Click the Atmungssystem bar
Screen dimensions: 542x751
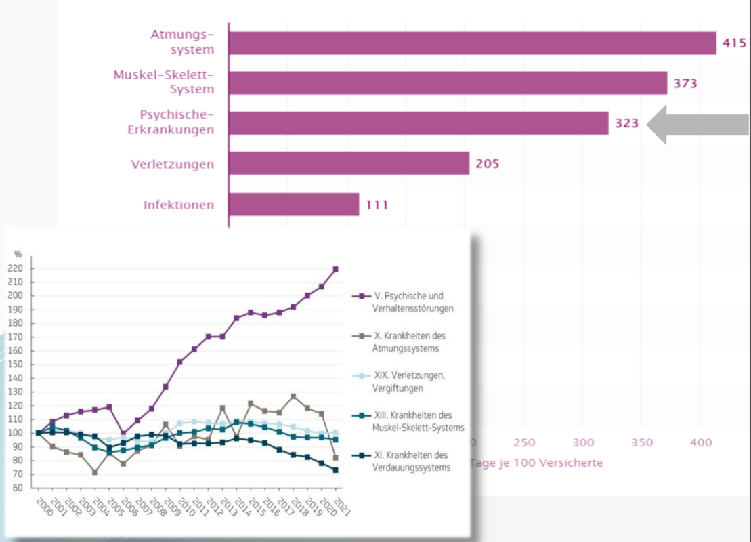point(472,43)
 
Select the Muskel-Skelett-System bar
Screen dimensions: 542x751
point(448,83)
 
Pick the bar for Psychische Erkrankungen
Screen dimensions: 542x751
point(419,123)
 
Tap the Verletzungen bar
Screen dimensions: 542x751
point(349,163)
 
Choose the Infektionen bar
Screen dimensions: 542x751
point(294,204)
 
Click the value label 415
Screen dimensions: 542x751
point(734,43)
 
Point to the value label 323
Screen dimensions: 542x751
point(626,124)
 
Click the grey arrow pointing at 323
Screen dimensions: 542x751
point(697,125)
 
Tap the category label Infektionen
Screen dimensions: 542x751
point(179,205)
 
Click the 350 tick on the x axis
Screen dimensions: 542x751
point(641,442)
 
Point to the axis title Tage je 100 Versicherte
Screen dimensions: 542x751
point(536,463)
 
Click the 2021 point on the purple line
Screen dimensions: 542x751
point(335,269)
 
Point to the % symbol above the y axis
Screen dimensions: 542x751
point(18,254)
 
